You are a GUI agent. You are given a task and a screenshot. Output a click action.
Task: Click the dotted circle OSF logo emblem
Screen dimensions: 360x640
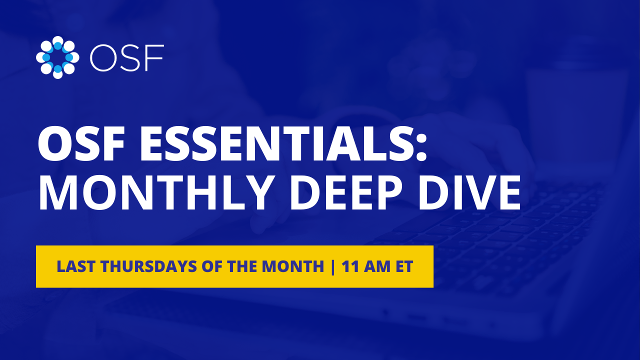coord(57,57)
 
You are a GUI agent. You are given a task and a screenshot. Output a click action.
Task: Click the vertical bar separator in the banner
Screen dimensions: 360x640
coord(333,266)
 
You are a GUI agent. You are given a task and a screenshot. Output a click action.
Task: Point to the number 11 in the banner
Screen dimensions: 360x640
coord(349,266)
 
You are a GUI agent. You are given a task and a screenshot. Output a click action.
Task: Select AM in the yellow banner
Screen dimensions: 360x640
coord(375,266)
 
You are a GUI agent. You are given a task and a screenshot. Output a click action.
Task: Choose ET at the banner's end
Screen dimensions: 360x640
coord(404,266)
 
